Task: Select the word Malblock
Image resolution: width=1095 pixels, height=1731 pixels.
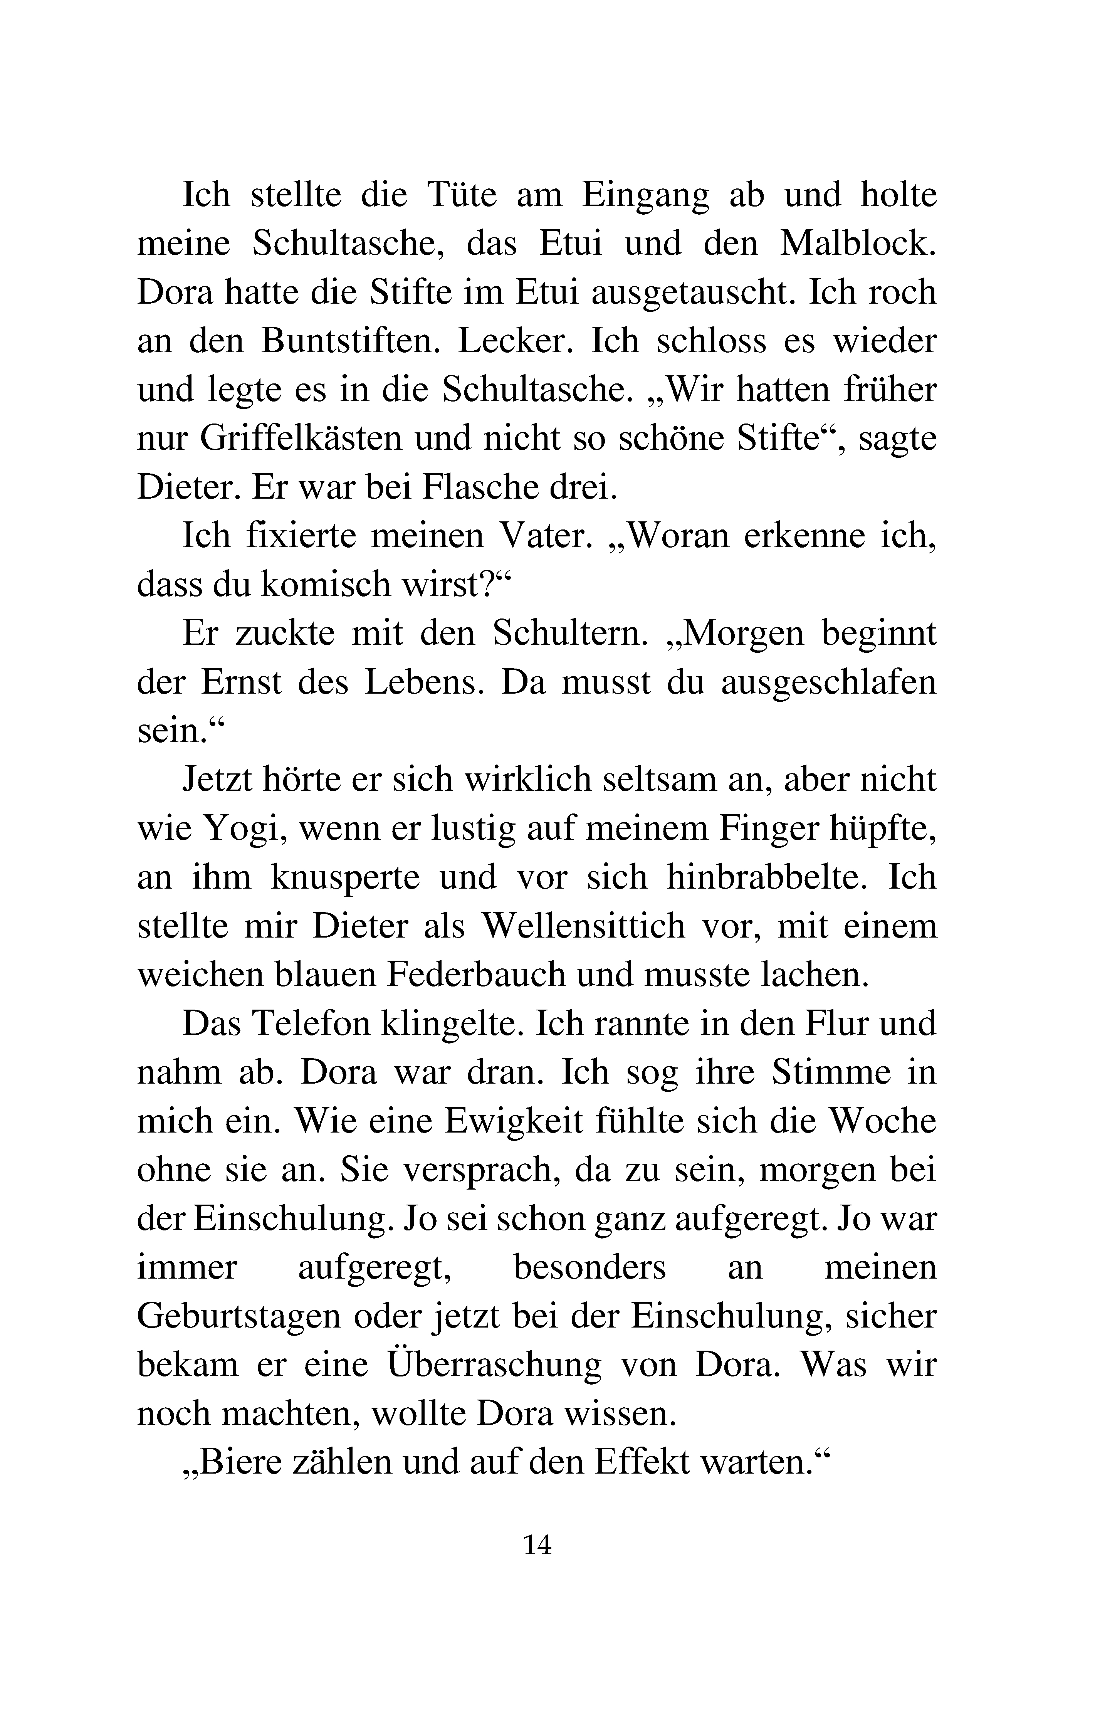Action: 858,244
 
